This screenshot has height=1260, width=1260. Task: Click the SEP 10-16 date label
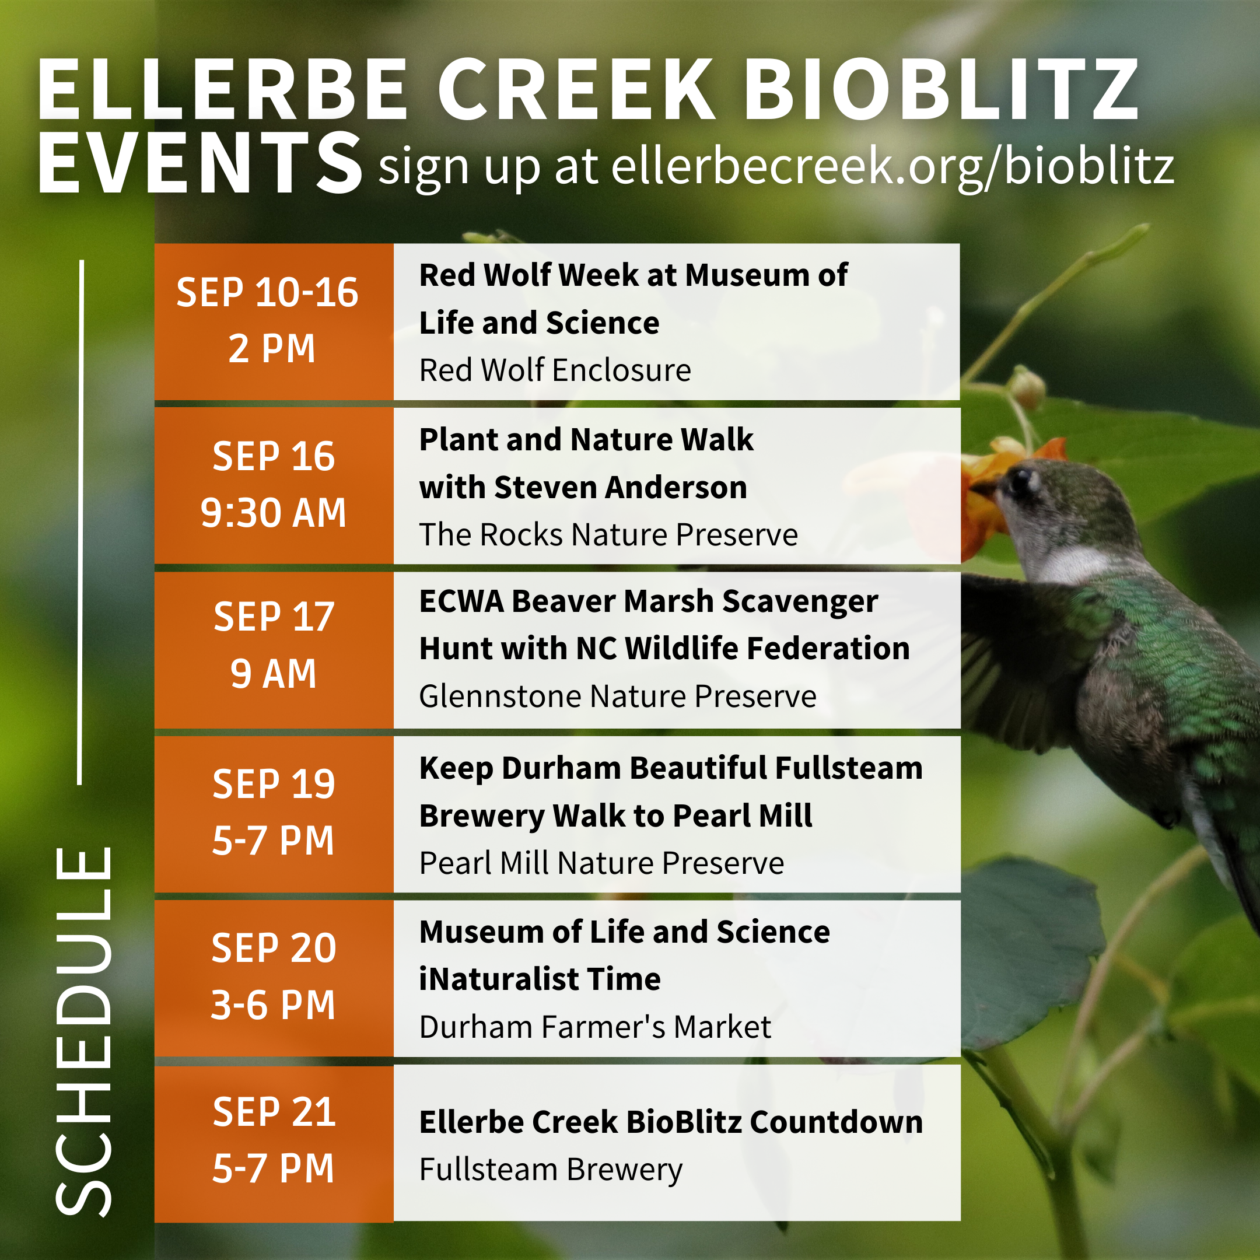[267, 292]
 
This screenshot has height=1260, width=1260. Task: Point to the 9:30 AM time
[273, 513]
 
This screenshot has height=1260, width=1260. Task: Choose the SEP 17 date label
[274, 617]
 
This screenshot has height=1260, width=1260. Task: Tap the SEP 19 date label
[274, 784]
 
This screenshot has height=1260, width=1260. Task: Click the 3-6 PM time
[273, 1005]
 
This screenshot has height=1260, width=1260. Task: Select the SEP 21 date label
[274, 1112]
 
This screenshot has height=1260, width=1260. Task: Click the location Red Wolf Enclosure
[555, 370]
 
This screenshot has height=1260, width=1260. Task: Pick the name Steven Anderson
[619, 488]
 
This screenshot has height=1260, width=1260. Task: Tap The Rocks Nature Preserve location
[608, 535]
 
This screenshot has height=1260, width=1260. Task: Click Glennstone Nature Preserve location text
[618, 696]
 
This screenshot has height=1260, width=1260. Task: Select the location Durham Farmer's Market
[595, 1027]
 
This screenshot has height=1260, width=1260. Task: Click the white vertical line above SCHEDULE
[81, 521]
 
